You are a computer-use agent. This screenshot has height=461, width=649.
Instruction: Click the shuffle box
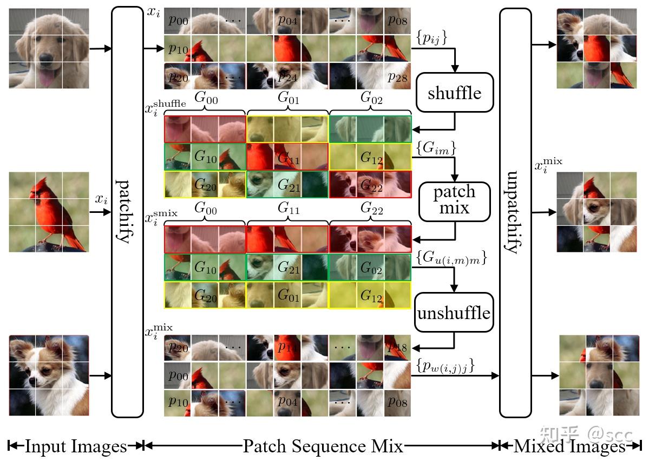click(x=454, y=93)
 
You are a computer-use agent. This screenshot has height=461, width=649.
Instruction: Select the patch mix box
click(x=454, y=200)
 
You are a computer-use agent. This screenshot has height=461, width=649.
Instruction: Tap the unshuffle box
click(x=454, y=313)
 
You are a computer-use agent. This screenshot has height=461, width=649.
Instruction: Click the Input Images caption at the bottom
click(x=76, y=446)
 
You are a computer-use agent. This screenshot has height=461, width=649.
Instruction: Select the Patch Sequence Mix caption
click(x=323, y=446)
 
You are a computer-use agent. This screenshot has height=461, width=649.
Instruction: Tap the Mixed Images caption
click(x=569, y=446)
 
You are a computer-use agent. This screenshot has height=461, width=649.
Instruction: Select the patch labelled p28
click(x=397, y=77)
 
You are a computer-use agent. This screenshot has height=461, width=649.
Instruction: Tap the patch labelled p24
click(x=287, y=77)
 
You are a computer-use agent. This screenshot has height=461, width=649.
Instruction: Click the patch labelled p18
click(x=397, y=347)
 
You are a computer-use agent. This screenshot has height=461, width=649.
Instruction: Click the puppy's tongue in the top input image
click(x=45, y=80)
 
